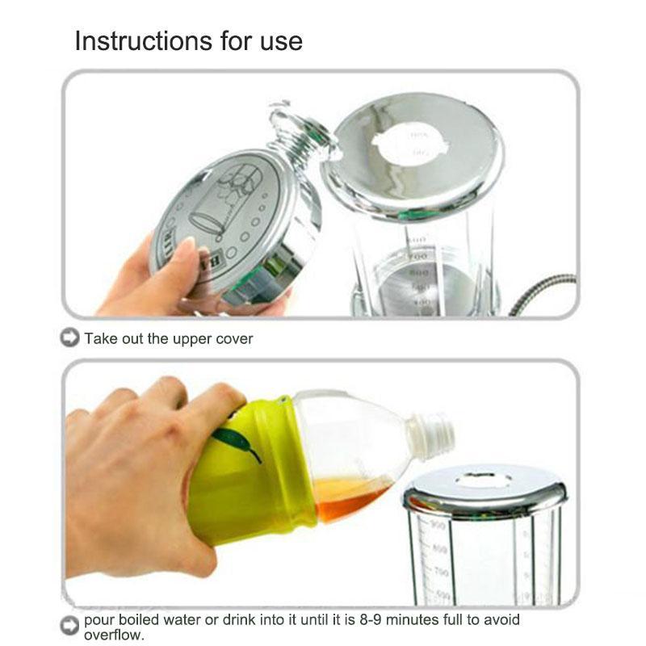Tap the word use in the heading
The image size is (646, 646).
(279, 40)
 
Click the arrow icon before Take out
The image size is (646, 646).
(70, 338)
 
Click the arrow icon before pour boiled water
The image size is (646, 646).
(70, 625)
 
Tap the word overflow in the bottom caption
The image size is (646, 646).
(113, 635)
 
